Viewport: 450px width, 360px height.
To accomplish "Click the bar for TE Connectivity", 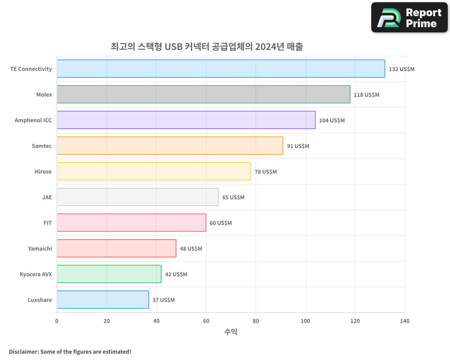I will pos(220,69).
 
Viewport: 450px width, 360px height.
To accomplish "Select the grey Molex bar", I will pos(203,94).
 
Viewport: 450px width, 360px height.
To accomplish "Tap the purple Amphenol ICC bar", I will pos(186,120).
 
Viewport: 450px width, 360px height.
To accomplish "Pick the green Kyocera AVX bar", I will pos(109,274).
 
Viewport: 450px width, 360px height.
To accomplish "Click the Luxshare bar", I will pos(103,300).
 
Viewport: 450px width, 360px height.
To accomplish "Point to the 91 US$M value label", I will pos(298,146).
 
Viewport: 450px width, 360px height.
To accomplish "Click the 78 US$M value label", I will pos(265,171).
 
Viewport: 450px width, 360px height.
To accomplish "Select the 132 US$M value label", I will pos(401,69).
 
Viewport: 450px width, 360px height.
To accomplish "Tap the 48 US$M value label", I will pos(191,248).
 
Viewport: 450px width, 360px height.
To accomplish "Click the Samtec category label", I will pos(41,146).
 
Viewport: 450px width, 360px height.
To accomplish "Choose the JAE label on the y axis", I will pos(47,197).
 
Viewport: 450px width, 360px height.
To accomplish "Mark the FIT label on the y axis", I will pos(47,223).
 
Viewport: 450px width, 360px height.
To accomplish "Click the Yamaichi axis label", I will pos(40,248).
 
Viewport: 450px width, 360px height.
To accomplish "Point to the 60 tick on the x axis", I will pos(206,321).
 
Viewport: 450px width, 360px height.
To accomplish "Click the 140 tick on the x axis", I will pos(405,321).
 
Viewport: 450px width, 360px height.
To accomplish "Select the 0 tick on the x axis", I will pos(57,321).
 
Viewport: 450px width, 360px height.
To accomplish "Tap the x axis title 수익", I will pos(230,332).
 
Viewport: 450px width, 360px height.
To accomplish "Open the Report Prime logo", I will pos(409,18).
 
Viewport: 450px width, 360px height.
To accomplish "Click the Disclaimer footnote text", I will pos(70,351).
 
